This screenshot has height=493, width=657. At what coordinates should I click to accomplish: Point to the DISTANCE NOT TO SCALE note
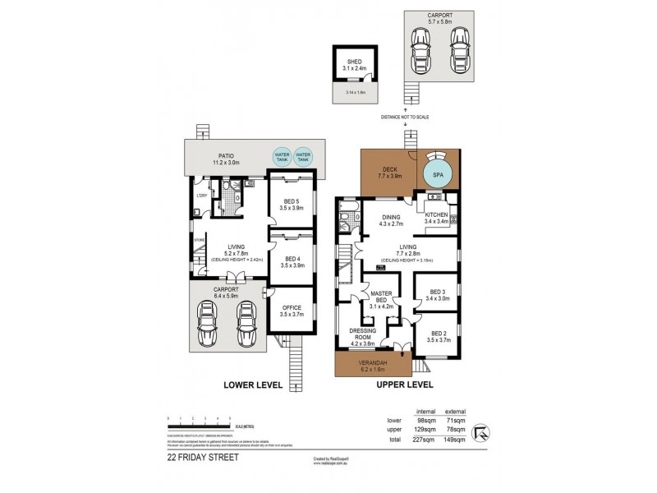pos(405,116)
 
